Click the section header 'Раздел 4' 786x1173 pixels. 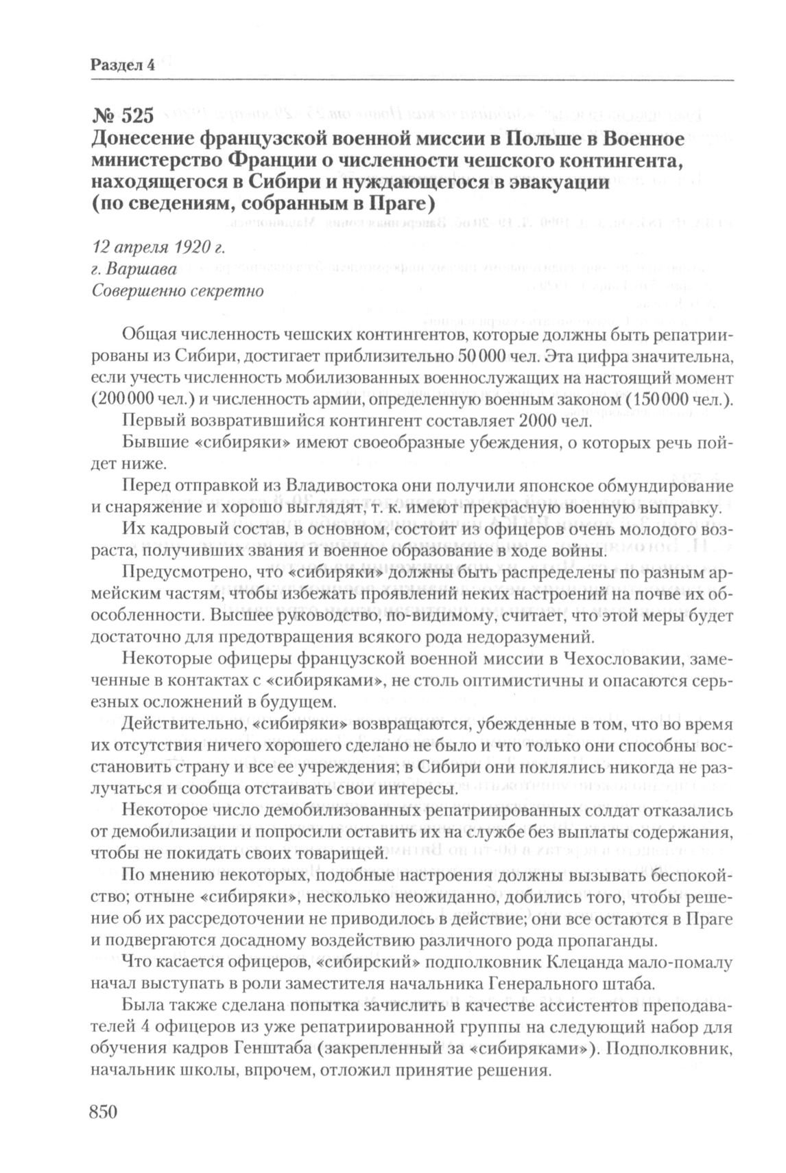[x=121, y=66]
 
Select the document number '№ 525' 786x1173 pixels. [x=121, y=117]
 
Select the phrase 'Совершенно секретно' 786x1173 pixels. [x=178, y=290]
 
